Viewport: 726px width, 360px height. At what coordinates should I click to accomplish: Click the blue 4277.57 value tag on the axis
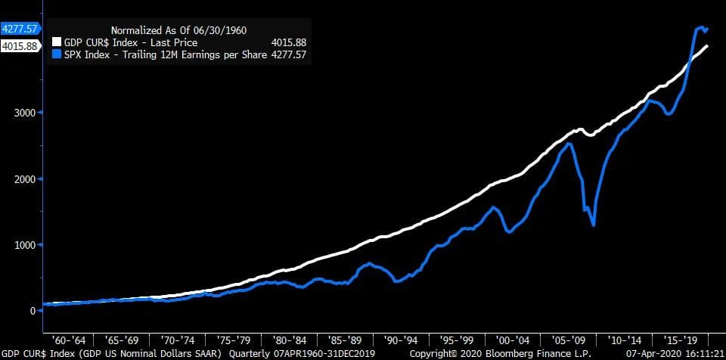[x=20, y=29]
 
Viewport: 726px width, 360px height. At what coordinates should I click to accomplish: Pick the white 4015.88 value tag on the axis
[x=20, y=46]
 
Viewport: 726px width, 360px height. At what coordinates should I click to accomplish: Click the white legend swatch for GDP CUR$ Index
[x=55, y=43]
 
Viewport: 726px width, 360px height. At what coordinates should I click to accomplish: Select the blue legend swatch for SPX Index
[x=55, y=54]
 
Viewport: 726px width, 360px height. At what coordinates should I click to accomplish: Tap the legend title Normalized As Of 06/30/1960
[x=179, y=30]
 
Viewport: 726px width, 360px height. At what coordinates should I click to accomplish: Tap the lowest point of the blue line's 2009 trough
[x=594, y=225]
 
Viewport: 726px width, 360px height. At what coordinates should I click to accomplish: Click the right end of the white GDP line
[x=708, y=46]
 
